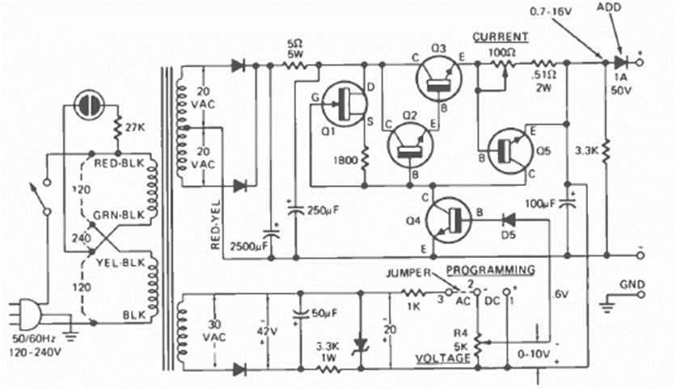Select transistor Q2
(410, 146)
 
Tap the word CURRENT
(500, 36)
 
